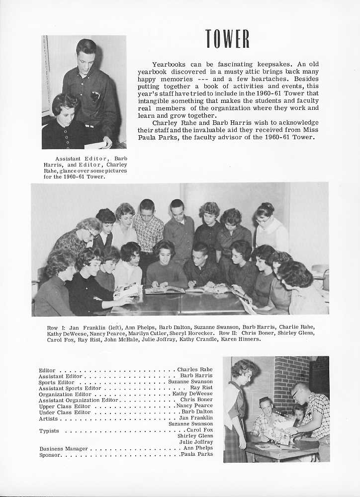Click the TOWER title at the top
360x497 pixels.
(x=227, y=39)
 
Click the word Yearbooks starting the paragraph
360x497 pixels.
(x=169, y=64)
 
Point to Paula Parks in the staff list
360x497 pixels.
(x=197, y=454)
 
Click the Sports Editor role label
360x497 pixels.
(x=56, y=382)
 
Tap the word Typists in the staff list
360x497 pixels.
(x=49, y=430)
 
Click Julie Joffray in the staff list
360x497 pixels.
(x=196, y=442)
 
